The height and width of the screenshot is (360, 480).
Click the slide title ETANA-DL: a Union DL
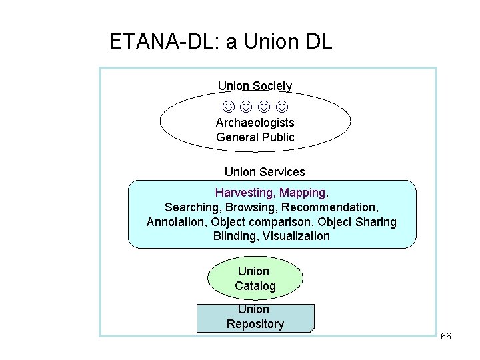coord(220,43)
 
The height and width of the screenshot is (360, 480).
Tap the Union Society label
coord(255,86)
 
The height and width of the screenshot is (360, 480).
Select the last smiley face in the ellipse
coord(282,106)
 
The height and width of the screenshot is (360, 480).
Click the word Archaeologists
coord(255,123)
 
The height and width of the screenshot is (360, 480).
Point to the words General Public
coord(255,137)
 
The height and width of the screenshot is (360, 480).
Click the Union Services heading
coord(265,172)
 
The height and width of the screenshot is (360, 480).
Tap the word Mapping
coord(302,193)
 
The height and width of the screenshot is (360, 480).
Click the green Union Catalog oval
coord(255,279)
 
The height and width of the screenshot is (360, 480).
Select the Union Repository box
coord(255,317)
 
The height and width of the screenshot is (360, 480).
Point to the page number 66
coord(446,336)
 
